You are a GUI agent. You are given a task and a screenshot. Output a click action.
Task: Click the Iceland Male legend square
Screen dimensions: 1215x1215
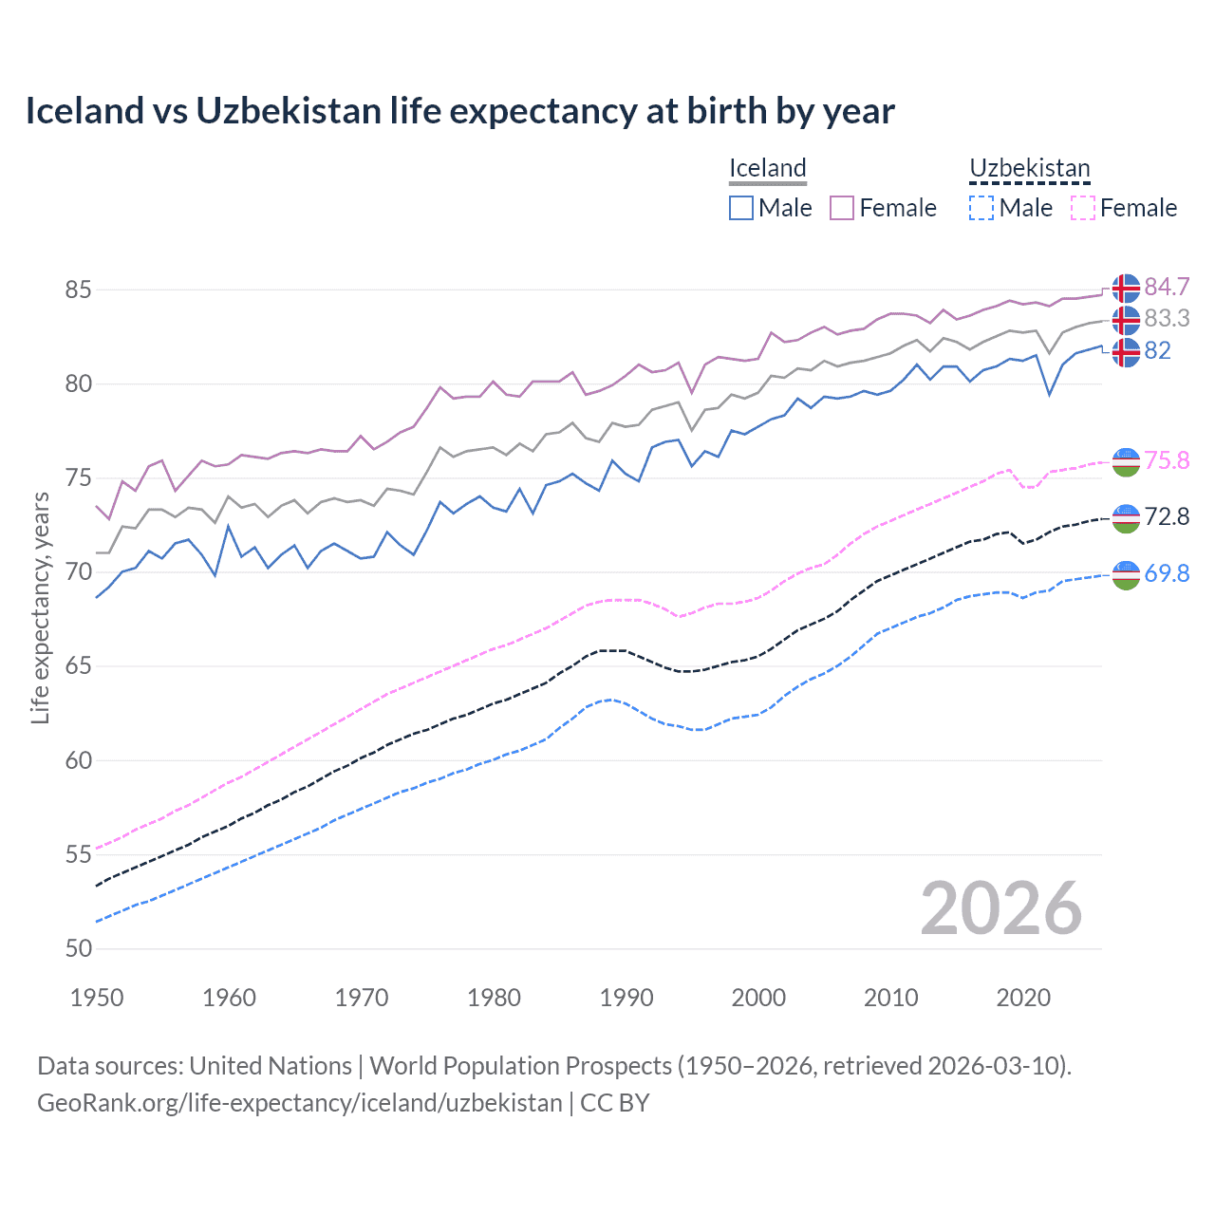point(741,208)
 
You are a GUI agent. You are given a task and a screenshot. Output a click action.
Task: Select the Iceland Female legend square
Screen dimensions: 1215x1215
point(842,208)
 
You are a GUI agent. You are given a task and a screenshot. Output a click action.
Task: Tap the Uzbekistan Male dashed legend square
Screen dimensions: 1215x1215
point(981,208)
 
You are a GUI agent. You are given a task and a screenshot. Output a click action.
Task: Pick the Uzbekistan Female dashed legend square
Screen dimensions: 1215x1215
point(1083,208)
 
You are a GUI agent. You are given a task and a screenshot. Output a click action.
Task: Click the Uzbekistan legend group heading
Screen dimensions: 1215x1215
point(1029,169)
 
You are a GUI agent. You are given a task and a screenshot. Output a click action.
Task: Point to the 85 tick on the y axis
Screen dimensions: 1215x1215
point(78,290)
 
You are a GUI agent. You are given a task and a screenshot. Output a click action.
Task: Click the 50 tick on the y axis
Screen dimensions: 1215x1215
point(78,948)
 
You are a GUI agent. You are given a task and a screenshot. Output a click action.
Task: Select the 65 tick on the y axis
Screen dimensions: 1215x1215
point(78,666)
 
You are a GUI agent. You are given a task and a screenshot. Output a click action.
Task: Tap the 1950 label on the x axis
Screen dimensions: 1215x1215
point(97,998)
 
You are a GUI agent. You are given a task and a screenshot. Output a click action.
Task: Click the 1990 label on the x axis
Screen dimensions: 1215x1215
point(626,998)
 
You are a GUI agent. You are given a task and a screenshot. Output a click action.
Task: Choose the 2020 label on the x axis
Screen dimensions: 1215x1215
point(1023,998)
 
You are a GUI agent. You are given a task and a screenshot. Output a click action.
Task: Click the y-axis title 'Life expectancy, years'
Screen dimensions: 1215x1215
point(40,607)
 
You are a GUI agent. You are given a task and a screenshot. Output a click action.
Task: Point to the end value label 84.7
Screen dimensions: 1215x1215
point(1167,288)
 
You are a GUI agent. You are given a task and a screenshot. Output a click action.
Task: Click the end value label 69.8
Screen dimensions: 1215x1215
point(1167,573)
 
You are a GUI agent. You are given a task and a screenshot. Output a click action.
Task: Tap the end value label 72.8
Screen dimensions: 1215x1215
point(1167,517)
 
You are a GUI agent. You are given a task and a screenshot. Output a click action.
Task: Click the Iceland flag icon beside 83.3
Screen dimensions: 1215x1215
point(1126,320)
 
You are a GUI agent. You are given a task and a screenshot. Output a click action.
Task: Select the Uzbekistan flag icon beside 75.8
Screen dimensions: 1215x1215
point(1126,462)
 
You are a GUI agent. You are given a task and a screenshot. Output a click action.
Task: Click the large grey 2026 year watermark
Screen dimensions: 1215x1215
point(1000,908)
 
